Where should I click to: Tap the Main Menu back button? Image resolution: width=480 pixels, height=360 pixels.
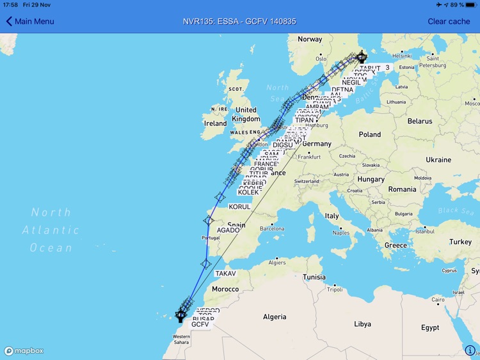point(30,21)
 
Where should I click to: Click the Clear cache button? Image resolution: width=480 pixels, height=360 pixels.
point(449,21)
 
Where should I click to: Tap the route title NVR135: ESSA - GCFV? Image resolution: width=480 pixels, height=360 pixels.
point(239,21)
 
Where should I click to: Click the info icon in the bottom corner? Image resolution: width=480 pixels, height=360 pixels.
point(470,350)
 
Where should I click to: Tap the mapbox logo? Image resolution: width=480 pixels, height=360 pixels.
point(24,351)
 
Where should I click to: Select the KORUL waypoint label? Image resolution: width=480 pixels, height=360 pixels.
point(240,207)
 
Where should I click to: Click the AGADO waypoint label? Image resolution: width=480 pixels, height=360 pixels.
point(228,230)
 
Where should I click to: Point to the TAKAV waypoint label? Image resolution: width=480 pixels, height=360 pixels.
point(225,274)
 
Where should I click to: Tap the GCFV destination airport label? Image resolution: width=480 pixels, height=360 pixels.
point(200,324)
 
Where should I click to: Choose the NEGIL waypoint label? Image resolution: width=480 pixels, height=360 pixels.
point(351,82)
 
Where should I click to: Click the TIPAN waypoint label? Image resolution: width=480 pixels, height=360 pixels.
point(305,120)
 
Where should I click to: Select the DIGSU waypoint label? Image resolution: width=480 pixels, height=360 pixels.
point(282,145)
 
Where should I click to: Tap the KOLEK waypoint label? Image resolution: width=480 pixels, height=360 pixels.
point(248,192)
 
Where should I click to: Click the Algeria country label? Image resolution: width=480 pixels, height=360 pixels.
point(275,317)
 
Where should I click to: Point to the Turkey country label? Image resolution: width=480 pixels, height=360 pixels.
point(460,242)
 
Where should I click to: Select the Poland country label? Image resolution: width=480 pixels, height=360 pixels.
point(369,135)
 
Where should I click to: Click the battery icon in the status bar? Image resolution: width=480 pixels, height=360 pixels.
point(469,4)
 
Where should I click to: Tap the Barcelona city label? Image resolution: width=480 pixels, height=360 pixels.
point(272,228)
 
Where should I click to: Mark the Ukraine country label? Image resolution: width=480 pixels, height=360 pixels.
point(438,159)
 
